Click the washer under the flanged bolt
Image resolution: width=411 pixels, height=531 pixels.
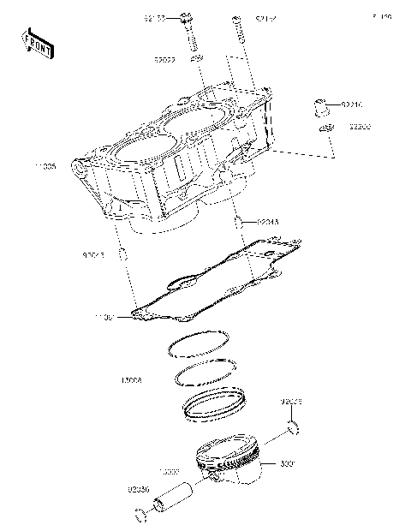(195, 59)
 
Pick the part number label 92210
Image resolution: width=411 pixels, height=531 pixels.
(352, 105)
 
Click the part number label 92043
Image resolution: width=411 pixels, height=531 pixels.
(92, 254)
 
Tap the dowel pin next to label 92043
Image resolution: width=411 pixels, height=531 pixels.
(125, 255)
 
